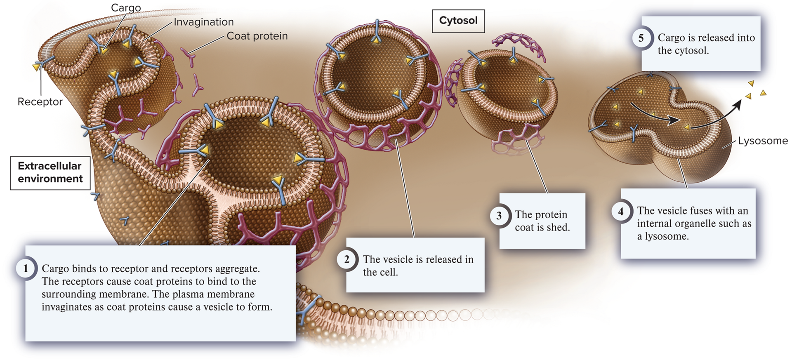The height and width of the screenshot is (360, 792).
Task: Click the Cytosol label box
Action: pyautogui.click(x=458, y=21)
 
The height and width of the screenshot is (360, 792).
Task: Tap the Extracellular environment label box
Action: pyautogui.click(x=50, y=172)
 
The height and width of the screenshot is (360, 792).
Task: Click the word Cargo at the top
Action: pyautogui.click(x=126, y=8)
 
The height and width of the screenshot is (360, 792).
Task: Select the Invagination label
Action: pyautogui.click(x=203, y=22)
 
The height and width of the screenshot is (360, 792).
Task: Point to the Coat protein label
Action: pyautogui.click(x=257, y=36)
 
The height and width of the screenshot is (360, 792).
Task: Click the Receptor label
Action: pyautogui.click(x=40, y=102)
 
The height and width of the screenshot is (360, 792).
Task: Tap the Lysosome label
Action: pyautogui.click(x=763, y=141)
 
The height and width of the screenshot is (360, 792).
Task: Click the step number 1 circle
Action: pyautogui.click(x=26, y=268)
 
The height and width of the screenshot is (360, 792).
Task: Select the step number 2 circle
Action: pyautogui.click(x=346, y=259)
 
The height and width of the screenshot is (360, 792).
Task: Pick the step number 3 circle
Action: pyautogui.click(x=499, y=215)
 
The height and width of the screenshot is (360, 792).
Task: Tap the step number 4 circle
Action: pyautogui.click(x=621, y=212)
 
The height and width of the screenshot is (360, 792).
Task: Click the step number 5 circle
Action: pyautogui.click(x=641, y=38)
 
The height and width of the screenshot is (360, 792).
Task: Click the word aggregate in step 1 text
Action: pyautogui.click(x=240, y=269)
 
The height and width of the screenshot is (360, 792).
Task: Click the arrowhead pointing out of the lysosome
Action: pyautogui.click(x=738, y=104)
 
